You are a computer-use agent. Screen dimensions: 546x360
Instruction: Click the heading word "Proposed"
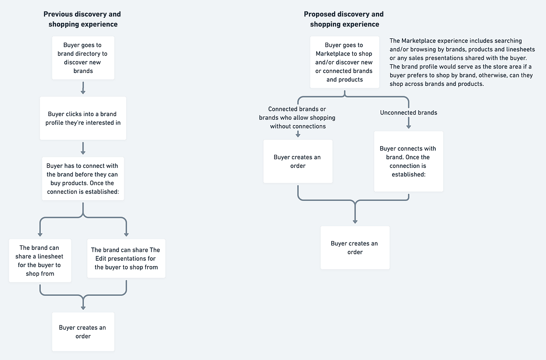pos(318,14)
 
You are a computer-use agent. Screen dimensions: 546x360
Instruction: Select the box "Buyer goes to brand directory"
pos(83,58)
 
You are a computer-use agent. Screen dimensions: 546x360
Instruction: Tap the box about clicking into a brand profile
pos(83,118)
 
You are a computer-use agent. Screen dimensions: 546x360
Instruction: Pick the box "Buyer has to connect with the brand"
pos(83,179)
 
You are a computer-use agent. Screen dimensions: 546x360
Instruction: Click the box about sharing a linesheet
pos(40,260)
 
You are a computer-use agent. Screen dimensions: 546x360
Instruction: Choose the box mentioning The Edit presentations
pos(126,258)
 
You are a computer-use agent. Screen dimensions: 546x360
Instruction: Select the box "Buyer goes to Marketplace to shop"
pos(344,62)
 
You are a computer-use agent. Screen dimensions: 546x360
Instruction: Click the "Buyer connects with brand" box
pos(408,162)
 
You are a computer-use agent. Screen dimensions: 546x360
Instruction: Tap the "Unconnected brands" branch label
pos(408,113)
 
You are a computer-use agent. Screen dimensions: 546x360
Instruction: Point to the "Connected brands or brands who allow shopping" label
pos(297,117)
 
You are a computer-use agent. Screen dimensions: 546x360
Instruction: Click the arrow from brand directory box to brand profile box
pos(83,88)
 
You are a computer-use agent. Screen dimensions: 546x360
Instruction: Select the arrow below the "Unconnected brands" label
pos(408,123)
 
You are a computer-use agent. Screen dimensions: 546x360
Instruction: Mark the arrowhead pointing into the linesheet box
pos(40,234)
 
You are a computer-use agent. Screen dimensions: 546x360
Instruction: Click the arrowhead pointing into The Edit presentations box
pos(126,234)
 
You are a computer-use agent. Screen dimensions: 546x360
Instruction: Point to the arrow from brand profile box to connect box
pos(83,148)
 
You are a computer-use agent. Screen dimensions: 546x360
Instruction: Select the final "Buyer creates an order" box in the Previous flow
pos(83,332)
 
